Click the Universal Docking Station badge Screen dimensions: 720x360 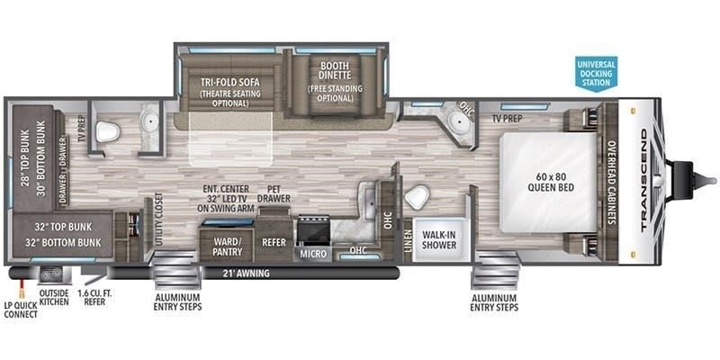(596, 74)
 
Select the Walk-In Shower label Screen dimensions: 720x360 (439, 238)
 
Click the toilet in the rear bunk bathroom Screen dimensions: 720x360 (107, 131)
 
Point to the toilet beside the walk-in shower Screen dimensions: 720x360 (417, 197)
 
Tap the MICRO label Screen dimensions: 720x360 (314, 254)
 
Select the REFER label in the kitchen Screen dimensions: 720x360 (274, 242)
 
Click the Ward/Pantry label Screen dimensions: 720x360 (228, 246)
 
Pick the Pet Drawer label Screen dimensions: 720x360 (274, 193)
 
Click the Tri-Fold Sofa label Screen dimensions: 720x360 (230, 83)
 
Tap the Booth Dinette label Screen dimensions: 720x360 (335, 70)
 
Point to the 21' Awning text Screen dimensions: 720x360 (244, 274)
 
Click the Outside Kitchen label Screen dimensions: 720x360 (54, 297)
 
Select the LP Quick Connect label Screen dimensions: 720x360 (21, 310)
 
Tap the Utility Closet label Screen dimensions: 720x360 (159, 220)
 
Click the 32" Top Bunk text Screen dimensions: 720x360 (62, 228)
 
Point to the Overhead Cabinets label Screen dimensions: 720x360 (612, 182)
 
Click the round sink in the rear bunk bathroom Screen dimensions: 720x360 (149, 121)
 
